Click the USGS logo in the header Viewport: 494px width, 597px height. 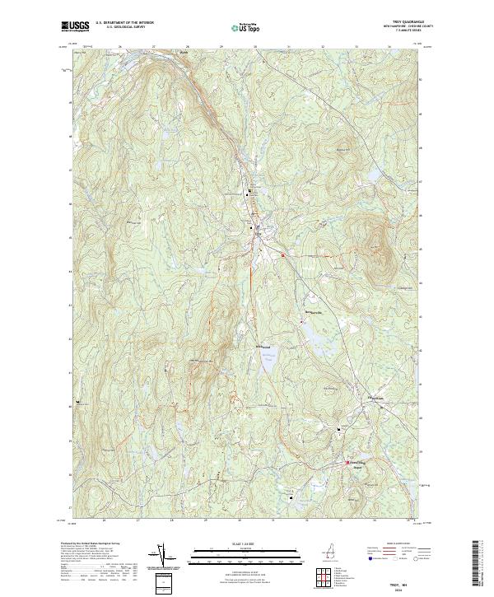(76, 26)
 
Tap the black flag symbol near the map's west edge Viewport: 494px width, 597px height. (79, 402)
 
